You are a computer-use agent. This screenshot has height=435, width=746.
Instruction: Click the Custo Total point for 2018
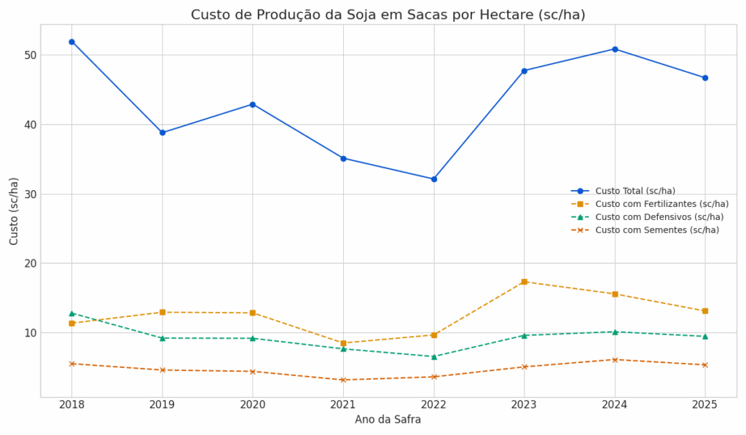pyautogui.click(x=71, y=42)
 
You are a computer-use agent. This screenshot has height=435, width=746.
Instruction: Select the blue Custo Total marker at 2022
pyautogui.click(x=433, y=179)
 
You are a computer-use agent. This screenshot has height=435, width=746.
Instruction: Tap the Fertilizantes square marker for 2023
pyautogui.click(x=524, y=281)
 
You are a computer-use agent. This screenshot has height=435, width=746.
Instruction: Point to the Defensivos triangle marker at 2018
pyautogui.click(x=71, y=313)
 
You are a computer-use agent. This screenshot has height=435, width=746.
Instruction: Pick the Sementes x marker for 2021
pyautogui.click(x=343, y=380)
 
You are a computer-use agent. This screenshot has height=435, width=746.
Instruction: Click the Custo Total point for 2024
pyautogui.click(x=615, y=49)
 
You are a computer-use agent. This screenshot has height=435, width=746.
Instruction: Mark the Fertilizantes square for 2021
pyautogui.click(x=343, y=343)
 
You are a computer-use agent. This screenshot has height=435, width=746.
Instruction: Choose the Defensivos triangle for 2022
pyautogui.click(x=433, y=357)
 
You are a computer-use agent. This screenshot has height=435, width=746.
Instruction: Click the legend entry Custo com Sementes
pyautogui.click(x=656, y=230)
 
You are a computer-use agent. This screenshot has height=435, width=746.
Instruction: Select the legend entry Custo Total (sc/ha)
pyautogui.click(x=635, y=191)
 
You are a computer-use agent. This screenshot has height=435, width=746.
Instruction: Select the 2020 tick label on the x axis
pyautogui.click(x=253, y=404)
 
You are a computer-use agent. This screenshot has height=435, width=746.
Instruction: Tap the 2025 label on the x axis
pyautogui.click(x=704, y=404)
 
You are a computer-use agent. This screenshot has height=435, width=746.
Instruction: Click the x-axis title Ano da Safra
pyautogui.click(x=388, y=420)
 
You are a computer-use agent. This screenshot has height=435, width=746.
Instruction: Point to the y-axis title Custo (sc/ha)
pyautogui.click(x=15, y=211)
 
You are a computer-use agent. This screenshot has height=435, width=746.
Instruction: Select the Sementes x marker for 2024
pyautogui.click(x=615, y=359)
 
